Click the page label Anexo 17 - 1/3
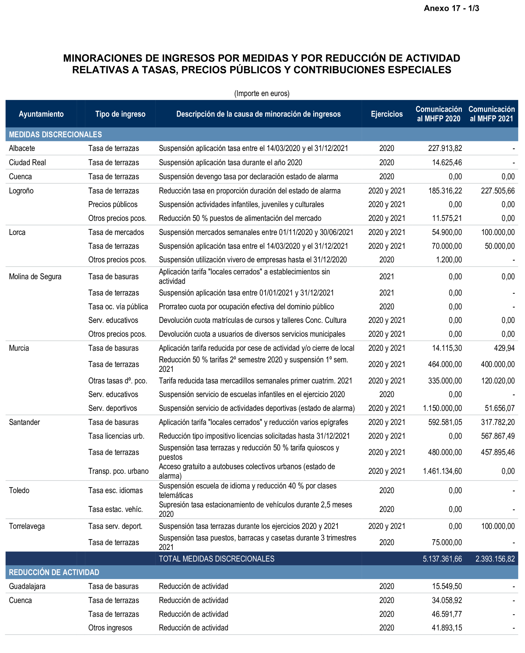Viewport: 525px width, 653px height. click(451, 8)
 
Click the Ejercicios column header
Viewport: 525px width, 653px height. click(387, 114)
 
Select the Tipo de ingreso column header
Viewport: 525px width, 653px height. click(120, 114)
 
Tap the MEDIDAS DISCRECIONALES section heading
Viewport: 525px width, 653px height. click(55, 134)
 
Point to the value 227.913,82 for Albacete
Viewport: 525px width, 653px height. click(445, 148)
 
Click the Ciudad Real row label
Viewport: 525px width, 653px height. click(27, 162)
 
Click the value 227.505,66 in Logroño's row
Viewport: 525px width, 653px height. click(497, 191)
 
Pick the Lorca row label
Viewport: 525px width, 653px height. click(17, 232)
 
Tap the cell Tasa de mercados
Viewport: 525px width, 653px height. click(116, 232)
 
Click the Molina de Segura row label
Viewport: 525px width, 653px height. click(35, 276)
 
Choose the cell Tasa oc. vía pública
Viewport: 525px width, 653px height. click(118, 307)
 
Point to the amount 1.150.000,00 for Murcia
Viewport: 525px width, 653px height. click(442, 408)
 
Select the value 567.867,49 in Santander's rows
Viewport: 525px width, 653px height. click(497, 436)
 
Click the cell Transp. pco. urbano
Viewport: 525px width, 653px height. click(118, 471)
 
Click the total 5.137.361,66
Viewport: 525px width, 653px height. click(442, 559)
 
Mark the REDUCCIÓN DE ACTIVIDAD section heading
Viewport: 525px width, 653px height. click(54, 572)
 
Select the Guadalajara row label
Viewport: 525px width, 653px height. click(27, 586)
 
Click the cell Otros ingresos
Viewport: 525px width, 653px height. click(110, 628)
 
